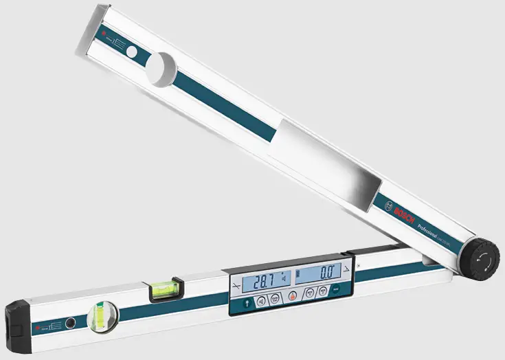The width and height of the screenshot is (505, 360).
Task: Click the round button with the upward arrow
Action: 244,302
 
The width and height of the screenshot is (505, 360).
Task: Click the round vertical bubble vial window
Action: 103,315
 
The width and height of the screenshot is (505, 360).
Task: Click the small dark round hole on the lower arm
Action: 69,322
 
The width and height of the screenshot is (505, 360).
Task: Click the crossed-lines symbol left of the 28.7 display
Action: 238,284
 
